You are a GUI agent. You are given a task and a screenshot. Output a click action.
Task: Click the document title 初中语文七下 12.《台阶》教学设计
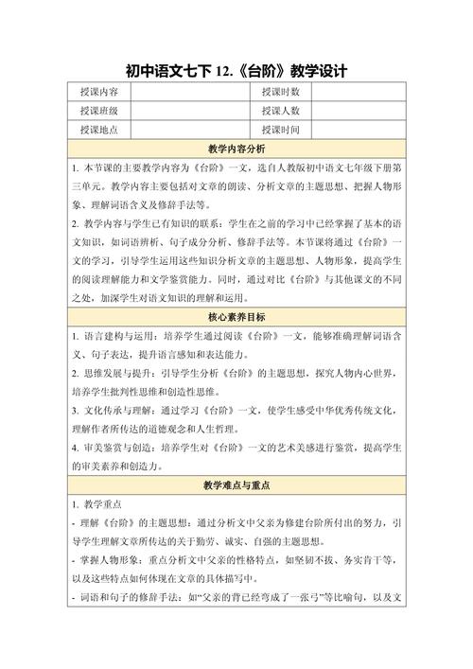[236, 70]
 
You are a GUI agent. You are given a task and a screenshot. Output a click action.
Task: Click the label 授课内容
[98, 92]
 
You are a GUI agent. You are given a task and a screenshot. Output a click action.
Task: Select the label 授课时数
[280, 92]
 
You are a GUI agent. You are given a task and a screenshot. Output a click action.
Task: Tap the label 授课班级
[98, 111]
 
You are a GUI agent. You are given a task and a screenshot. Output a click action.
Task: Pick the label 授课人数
[280, 111]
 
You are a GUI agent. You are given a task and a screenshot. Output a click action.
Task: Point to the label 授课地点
[98, 130]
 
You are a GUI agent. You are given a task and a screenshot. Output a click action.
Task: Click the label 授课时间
[280, 130]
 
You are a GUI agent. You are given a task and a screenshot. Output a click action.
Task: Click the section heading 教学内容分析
[236, 150]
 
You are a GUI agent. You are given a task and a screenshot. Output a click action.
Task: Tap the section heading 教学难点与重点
[236, 484]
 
